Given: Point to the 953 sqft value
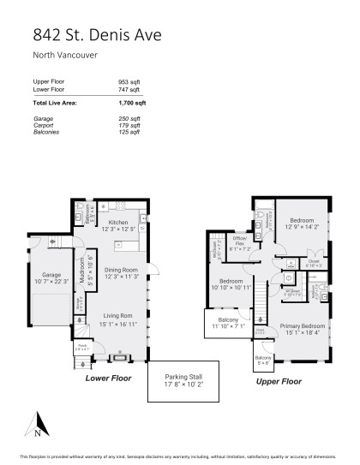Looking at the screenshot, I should click(130, 82).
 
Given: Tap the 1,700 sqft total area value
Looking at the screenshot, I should click(133, 102).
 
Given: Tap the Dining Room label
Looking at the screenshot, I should click(122, 271).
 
